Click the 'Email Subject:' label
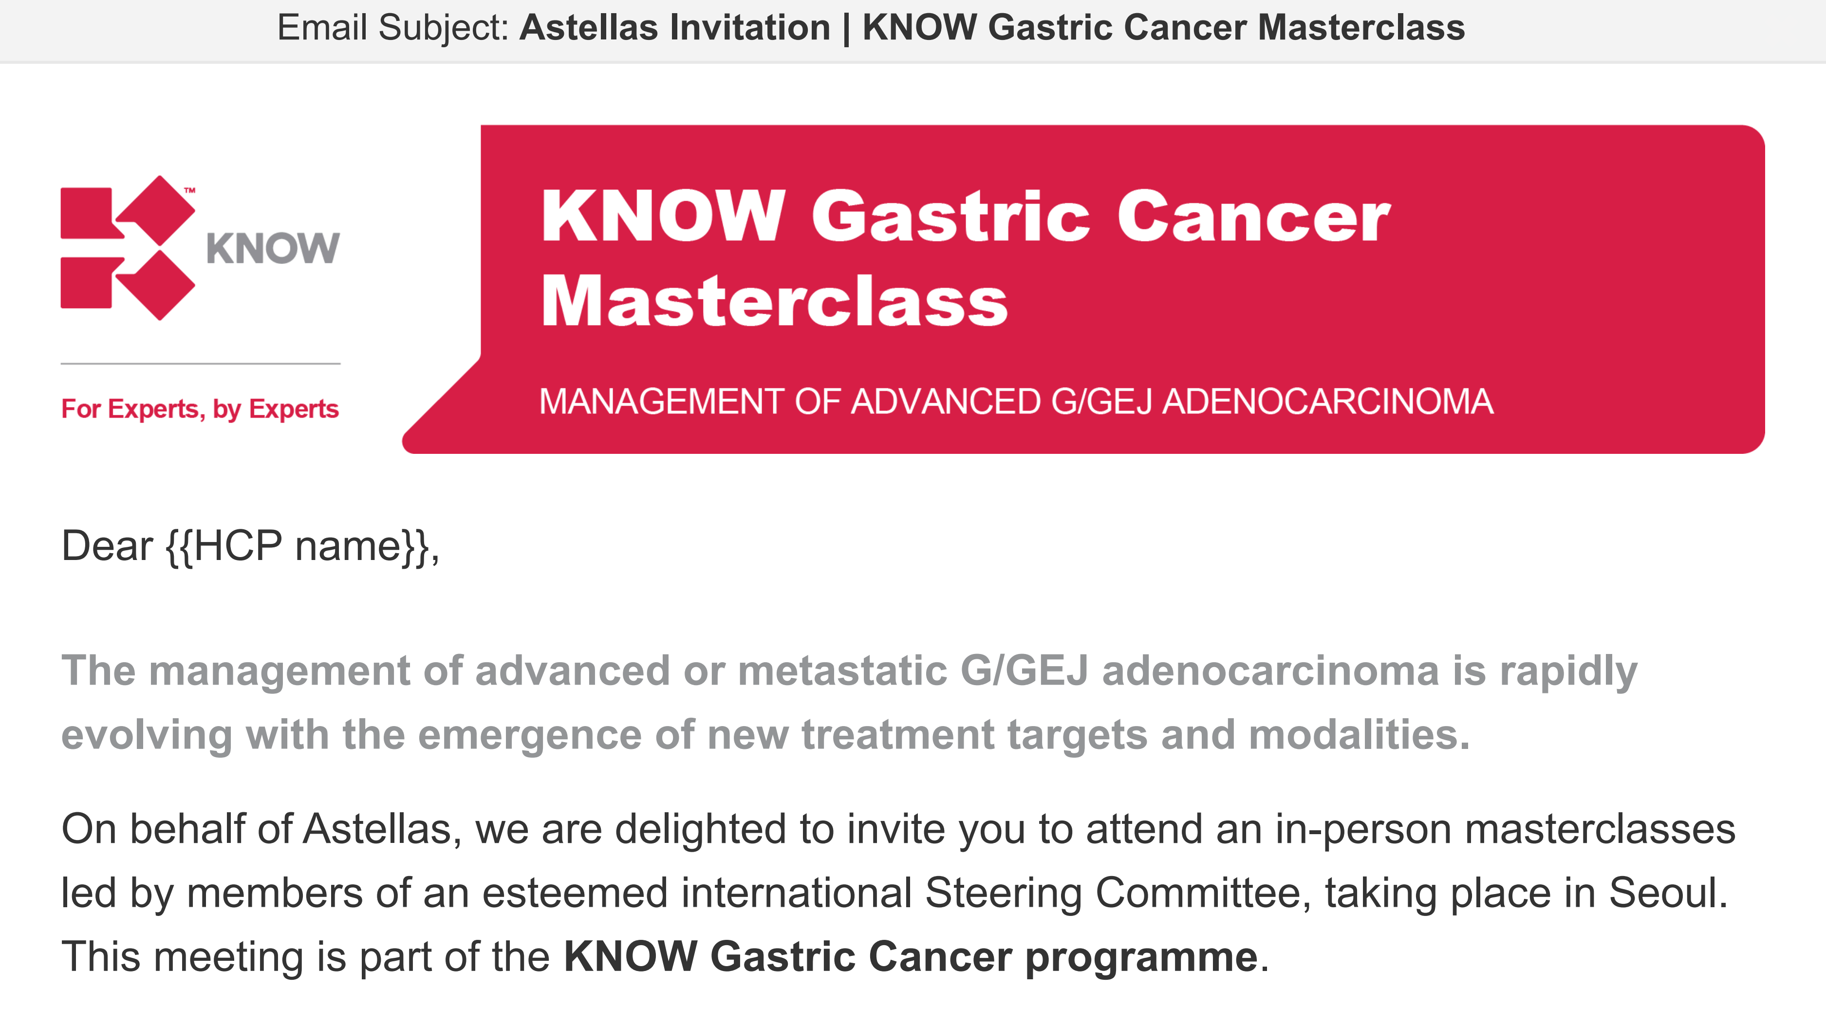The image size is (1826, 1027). (392, 28)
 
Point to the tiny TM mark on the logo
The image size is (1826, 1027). (189, 190)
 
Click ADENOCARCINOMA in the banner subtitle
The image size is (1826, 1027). (1328, 402)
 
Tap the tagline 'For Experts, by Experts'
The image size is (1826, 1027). (200, 409)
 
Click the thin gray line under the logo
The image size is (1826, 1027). (201, 364)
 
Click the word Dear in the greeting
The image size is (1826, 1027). (107, 546)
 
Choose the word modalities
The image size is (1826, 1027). (1360, 734)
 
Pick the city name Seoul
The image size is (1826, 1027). (1668, 893)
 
